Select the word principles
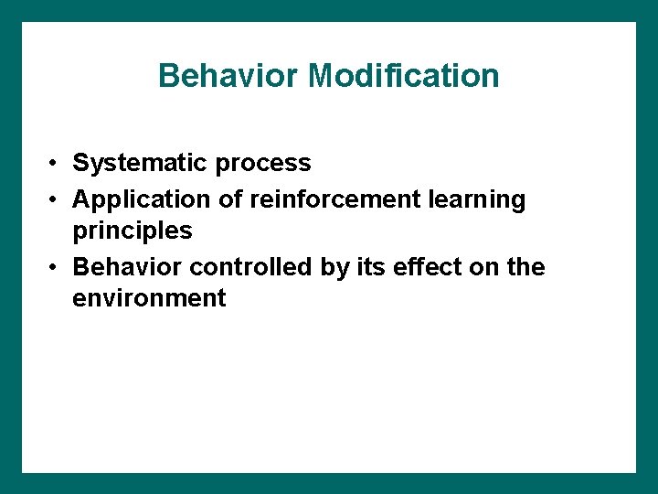click(133, 231)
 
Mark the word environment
click(149, 298)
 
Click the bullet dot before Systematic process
click(55, 164)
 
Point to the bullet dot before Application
click(55, 199)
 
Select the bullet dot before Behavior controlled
click(55, 267)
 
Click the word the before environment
click(525, 267)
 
